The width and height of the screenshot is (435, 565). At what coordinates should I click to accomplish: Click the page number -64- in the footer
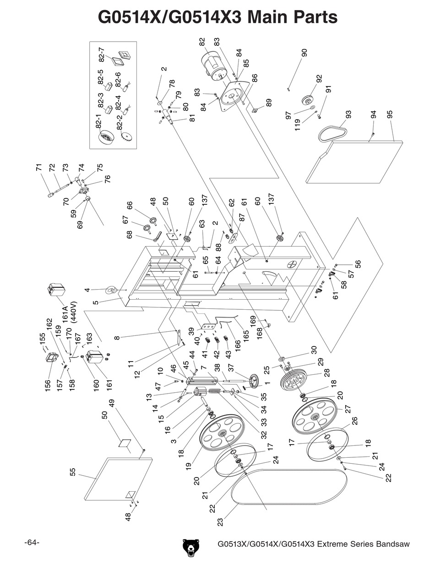[32, 543]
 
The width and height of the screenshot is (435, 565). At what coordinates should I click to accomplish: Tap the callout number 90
[304, 52]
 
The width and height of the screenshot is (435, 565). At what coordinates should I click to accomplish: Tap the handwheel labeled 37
[253, 380]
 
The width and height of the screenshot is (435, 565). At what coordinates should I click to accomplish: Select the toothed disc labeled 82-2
[126, 136]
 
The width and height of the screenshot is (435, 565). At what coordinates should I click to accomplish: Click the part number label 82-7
[102, 55]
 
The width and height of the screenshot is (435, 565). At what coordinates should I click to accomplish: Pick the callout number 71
[38, 167]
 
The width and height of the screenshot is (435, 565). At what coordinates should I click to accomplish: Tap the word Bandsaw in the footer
[392, 544]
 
